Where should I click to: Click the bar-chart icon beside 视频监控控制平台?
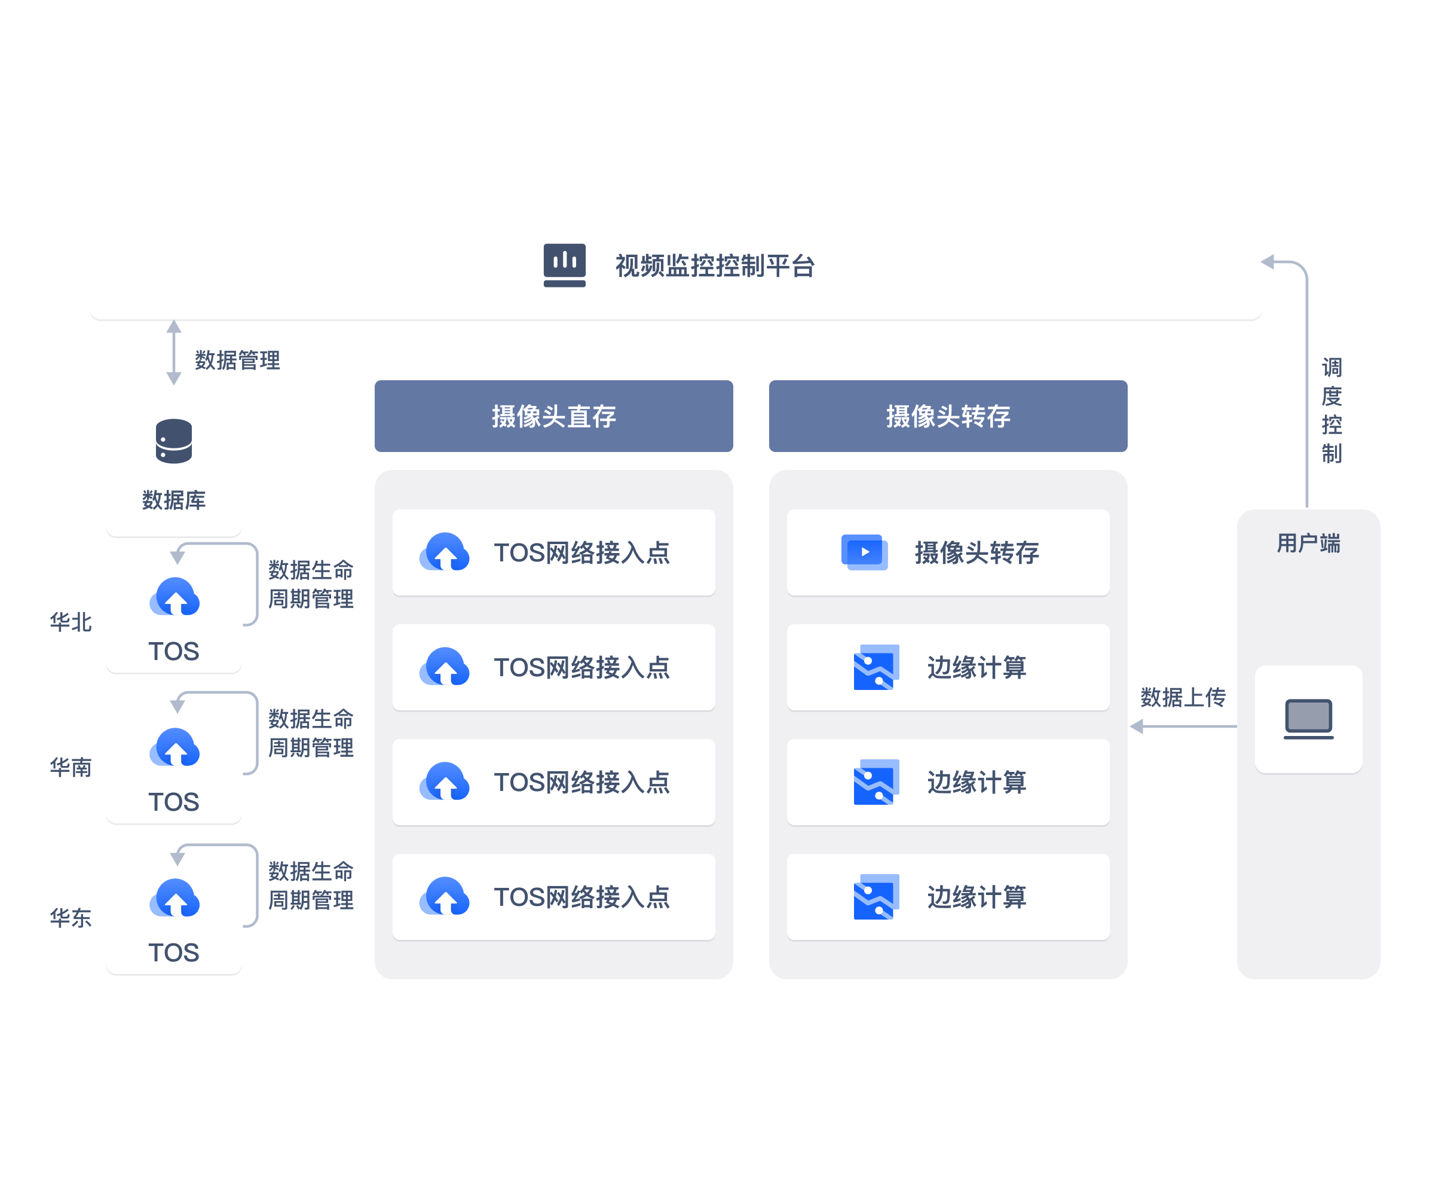tap(565, 265)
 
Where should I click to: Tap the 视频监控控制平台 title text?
tap(714, 266)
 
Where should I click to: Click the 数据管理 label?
tap(237, 360)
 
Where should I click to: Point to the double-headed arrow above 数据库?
tap(175, 353)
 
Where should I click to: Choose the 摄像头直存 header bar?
tap(553, 416)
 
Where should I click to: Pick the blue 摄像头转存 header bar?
tap(948, 416)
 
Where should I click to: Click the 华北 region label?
tap(71, 622)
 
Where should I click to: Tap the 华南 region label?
tap(71, 767)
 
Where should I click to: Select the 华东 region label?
tap(71, 918)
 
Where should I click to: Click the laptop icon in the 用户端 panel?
tap(1309, 718)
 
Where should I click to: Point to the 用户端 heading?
tap(1308, 543)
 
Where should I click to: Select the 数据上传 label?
tap(1183, 697)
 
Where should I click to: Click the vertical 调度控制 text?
tap(1331, 410)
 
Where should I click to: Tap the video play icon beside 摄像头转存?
tap(864, 552)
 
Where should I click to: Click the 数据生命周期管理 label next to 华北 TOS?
tap(311, 584)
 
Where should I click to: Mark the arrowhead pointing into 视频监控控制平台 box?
tap(1269, 261)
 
